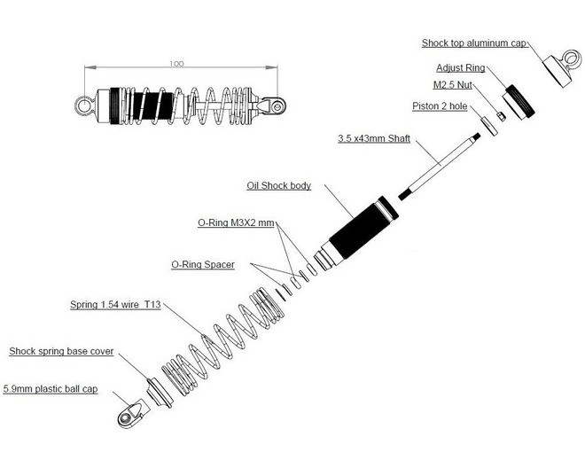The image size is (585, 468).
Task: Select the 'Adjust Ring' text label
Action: [459, 67]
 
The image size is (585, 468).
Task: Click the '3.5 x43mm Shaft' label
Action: [373, 139]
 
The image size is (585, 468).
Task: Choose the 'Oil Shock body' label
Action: [278, 185]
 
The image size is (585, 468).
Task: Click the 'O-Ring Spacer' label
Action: [202, 264]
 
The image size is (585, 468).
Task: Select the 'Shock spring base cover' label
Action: [61, 352]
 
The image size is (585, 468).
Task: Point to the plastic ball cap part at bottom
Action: [130, 413]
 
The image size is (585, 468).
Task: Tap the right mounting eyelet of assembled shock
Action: [278, 105]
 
